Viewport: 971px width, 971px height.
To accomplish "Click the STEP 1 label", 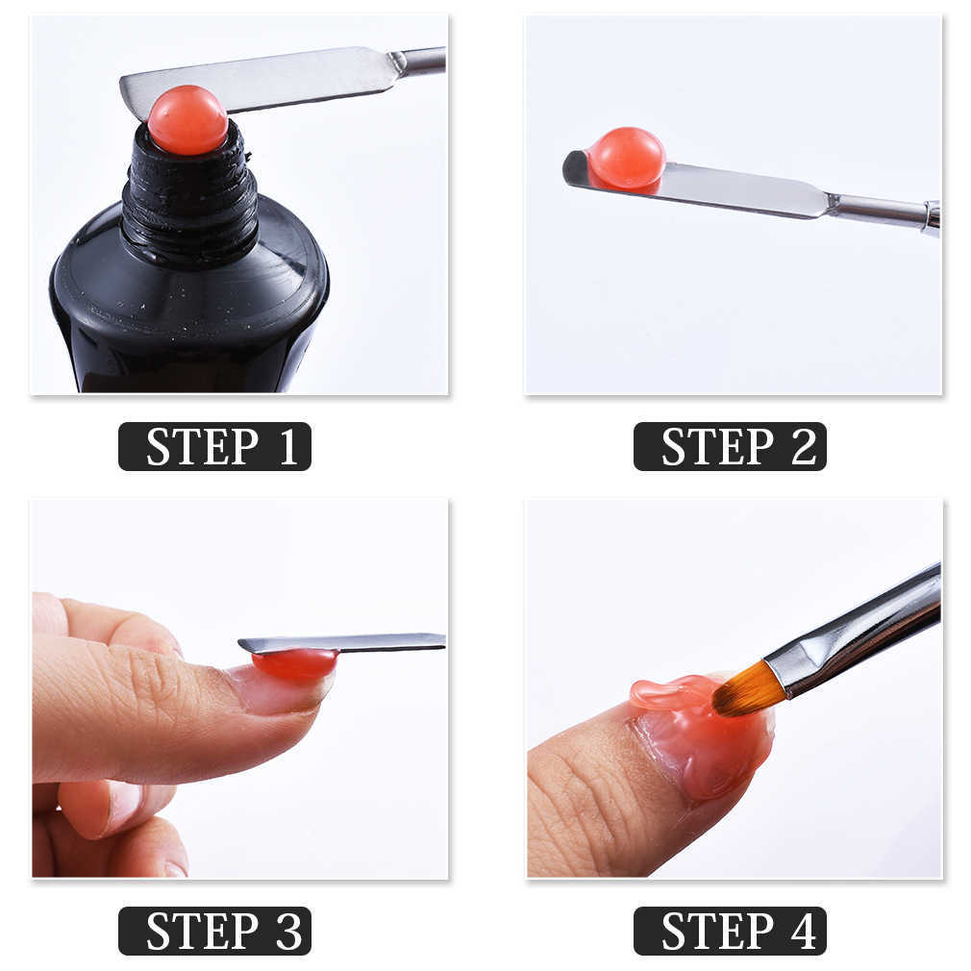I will pyautogui.click(x=214, y=446).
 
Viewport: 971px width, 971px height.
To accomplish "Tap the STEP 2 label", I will pyautogui.click(x=730, y=446).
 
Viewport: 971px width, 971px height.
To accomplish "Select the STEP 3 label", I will pyautogui.click(x=214, y=931).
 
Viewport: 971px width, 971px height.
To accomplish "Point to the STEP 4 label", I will pyautogui.click(x=730, y=931).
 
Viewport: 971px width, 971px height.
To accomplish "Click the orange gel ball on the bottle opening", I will pyautogui.click(x=187, y=120).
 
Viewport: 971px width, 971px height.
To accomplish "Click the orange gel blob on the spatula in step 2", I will pyautogui.click(x=626, y=159).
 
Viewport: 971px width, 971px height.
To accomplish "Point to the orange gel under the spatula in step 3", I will pyautogui.click(x=295, y=664).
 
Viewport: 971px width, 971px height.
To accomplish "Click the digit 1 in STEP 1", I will pyautogui.click(x=287, y=447).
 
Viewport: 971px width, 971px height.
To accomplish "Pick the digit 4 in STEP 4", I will pyautogui.click(x=803, y=932).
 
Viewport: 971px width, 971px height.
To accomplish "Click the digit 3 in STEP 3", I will pyautogui.click(x=287, y=932).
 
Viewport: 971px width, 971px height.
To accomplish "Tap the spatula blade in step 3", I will pyautogui.click(x=365, y=642).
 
